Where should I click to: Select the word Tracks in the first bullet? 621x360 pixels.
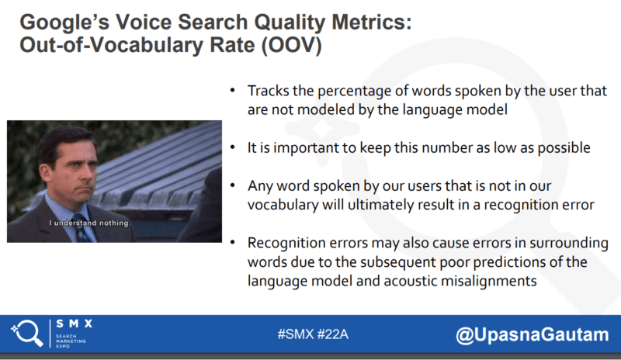[267, 91]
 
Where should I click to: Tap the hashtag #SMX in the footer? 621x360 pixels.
[292, 336]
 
